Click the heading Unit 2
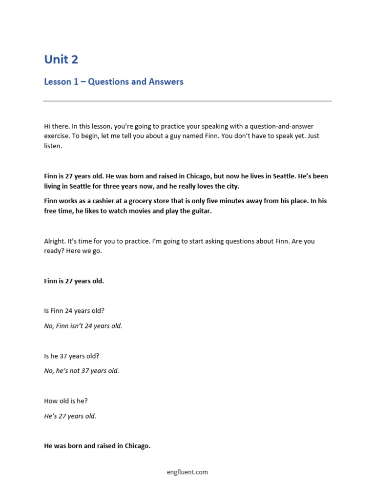(x=61, y=59)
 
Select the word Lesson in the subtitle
(x=58, y=82)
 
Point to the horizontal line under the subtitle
(x=187, y=101)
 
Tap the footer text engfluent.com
(x=187, y=472)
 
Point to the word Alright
(x=54, y=241)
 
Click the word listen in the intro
(x=53, y=146)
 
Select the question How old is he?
(x=66, y=401)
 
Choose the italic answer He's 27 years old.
(x=70, y=416)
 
